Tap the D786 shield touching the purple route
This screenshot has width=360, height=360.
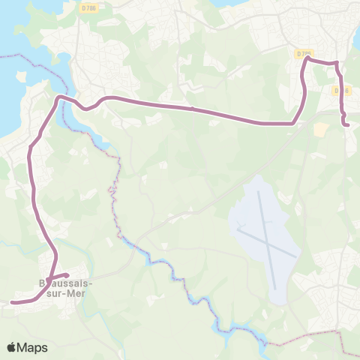pyautogui.click(x=302, y=54)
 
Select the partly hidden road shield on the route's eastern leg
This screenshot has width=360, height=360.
pyautogui.click(x=341, y=91)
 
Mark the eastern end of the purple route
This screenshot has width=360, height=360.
pyautogui.click(x=348, y=124)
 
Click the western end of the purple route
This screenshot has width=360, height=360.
pyautogui.click(x=13, y=303)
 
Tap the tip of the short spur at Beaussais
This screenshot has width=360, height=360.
pyautogui.click(x=66, y=274)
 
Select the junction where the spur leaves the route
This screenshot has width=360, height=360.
pyautogui.click(x=53, y=276)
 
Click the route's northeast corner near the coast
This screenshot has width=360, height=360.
pyautogui.click(x=337, y=63)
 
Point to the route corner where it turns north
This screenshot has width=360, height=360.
pyautogui.click(x=292, y=122)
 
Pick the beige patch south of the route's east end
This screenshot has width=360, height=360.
pyautogui.click(x=321, y=130)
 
